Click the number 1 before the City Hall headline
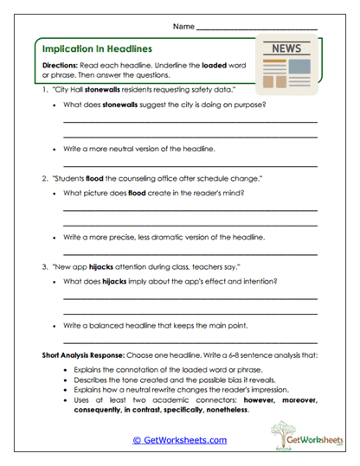tap(43, 89)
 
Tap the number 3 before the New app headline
tap(43, 268)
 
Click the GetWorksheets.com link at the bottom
tap(179, 440)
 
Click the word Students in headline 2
tap(68, 178)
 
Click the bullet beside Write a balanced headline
tap(55, 326)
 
